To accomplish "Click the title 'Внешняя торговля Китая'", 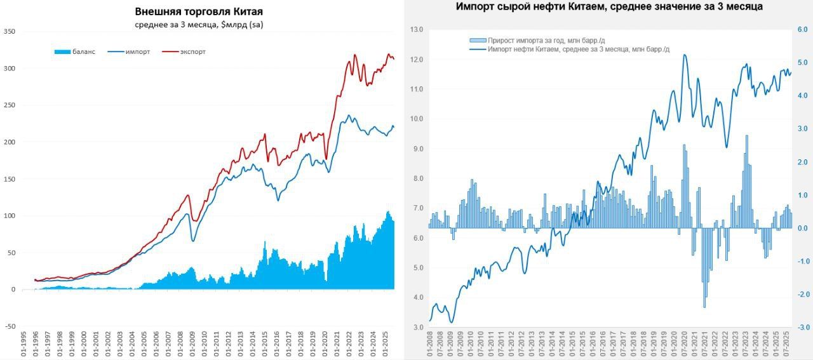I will [x=199, y=12].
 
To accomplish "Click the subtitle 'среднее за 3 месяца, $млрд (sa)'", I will [x=199, y=24].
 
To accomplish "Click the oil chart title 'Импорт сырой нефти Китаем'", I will [x=609, y=6].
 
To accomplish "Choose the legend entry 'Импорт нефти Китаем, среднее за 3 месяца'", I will [x=577, y=49].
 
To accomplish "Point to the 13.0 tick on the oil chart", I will [x=417, y=30].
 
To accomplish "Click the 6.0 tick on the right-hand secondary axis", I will [x=802, y=30].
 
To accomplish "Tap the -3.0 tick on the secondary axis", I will [x=802, y=327].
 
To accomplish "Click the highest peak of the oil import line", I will [x=685, y=55].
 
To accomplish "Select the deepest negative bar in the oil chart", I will [x=704, y=307].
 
